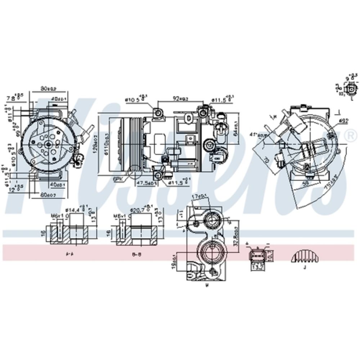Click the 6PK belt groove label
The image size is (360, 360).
coord(117,178)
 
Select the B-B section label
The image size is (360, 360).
coord(136,253)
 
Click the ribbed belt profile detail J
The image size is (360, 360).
coord(305,256)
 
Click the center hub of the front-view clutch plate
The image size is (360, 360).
coord(48,144)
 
